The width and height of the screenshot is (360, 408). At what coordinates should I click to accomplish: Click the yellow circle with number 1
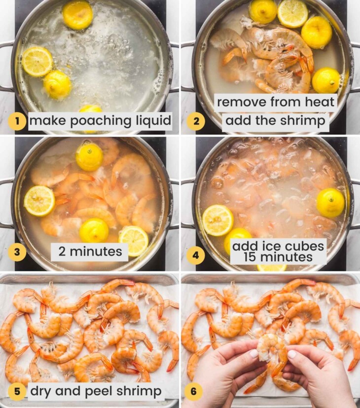click(x=17, y=121)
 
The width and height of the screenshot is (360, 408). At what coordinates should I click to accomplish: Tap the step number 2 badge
click(x=196, y=121)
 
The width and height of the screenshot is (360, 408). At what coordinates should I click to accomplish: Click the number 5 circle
click(x=17, y=391)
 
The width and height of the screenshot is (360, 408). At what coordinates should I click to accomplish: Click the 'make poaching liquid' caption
click(x=100, y=121)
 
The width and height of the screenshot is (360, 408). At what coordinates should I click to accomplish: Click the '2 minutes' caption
click(x=89, y=252)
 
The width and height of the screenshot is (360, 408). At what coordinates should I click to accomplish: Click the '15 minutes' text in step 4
click(x=279, y=257)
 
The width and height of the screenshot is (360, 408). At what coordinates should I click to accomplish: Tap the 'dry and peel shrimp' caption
click(x=96, y=392)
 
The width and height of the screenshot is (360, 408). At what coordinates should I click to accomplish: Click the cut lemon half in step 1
click(x=37, y=62)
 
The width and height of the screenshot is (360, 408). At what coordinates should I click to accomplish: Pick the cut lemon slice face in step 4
click(x=217, y=220)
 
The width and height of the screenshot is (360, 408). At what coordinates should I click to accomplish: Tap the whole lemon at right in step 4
click(x=330, y=202)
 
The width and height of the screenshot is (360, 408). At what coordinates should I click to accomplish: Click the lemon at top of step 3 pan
click(x=89, y=156)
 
